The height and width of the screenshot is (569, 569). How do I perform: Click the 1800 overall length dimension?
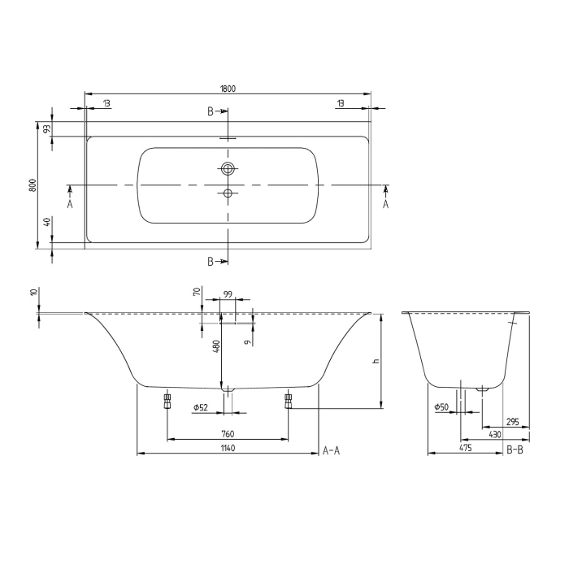tap(228, 89)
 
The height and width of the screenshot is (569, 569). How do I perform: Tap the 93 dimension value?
tap(48, 128)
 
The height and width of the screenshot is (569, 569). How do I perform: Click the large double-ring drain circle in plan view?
tap(228, 169)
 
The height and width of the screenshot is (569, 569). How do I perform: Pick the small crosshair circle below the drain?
tap(228, 193)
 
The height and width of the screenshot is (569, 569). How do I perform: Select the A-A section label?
tap(331, 450)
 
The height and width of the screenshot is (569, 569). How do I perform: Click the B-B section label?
tap(515, 450)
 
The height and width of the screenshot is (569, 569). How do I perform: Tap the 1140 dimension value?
tap(228, 449)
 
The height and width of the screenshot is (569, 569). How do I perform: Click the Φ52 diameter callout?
tap(202, 406)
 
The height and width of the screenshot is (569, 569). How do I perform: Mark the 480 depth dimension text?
tap(216, 346)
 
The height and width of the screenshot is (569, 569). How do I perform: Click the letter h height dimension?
tap(376, 361)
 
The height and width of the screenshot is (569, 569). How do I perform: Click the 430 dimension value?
tap(494, 435)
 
